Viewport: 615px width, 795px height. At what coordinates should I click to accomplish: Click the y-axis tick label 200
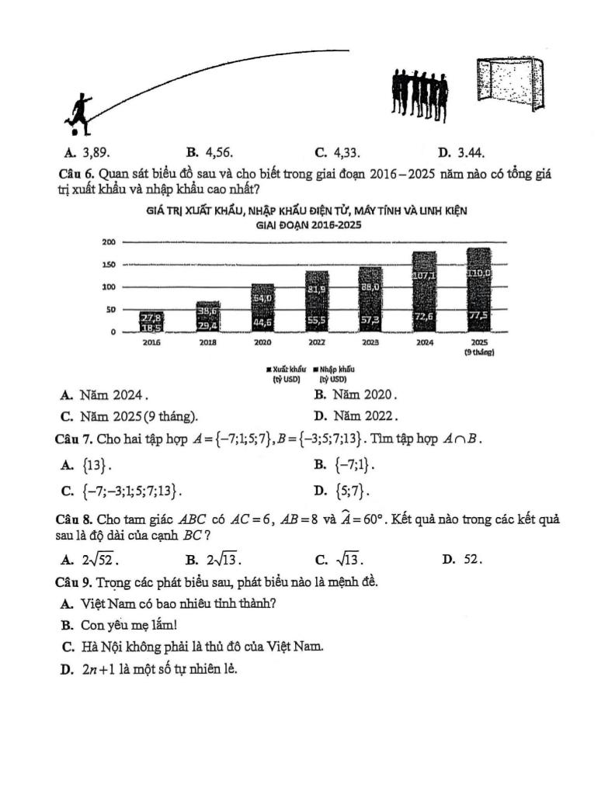(109, 242)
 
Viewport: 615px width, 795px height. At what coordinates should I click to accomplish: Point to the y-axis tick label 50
(111, 309)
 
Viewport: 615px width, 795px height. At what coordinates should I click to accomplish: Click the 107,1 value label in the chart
(424, 276)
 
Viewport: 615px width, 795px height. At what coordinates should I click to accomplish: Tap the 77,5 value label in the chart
(478, 314)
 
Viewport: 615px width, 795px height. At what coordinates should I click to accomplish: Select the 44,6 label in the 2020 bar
(262, 321)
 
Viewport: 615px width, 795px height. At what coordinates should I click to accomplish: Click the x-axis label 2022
(316, 341)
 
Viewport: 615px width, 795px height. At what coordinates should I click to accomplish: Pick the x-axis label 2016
(151, 341)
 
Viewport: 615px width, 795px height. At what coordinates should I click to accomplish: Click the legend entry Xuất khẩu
(286, 370)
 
